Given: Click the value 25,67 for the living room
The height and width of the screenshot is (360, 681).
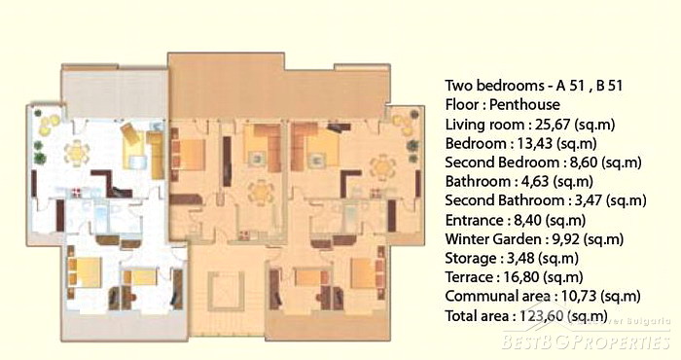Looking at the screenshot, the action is tap(552, 125).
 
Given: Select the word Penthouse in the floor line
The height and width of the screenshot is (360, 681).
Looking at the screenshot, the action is tap(524, 105).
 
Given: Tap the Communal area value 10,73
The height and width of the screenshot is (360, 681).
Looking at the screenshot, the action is tap(579, 297).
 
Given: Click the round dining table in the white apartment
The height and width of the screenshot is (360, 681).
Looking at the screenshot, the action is tap(77, 153).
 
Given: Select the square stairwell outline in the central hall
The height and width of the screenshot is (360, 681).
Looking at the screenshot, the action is tap(226, 291).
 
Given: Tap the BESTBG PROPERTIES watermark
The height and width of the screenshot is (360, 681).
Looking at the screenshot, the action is tap(587, 341).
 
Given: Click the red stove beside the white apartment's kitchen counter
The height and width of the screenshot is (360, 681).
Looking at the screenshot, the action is tap(78, 192).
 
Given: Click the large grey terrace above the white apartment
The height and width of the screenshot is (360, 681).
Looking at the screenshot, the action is tap(114, 92).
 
